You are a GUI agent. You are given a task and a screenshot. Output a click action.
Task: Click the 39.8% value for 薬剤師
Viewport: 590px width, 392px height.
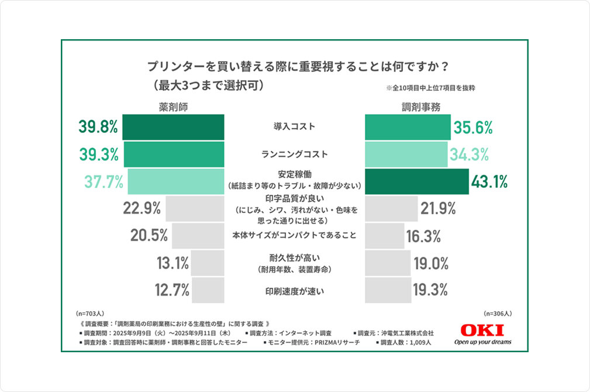point(98,127)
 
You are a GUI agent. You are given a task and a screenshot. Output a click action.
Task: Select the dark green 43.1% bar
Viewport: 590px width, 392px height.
point(417,182)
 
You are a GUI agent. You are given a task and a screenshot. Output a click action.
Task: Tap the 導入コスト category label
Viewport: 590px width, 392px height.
point(294,126)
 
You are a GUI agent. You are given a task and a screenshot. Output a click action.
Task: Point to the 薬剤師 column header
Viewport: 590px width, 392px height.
point(174,106)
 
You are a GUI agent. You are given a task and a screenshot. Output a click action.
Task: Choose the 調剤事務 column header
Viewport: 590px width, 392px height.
point(416,106)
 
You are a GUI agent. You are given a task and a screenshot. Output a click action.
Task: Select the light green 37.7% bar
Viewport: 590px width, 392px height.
point(175,182)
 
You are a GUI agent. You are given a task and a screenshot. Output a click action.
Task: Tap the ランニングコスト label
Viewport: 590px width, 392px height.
point(294,154)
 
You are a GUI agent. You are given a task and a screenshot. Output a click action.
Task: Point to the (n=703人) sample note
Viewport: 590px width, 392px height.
point(90,314)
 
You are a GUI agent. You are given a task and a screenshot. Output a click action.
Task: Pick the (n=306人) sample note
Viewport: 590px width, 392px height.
point(498,314)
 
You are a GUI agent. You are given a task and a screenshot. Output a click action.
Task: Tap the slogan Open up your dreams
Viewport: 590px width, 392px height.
point(482,342)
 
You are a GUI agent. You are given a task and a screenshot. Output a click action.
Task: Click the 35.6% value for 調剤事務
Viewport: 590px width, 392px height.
point(473,127)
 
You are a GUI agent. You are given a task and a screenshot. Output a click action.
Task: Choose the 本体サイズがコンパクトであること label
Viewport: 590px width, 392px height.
point(294,236)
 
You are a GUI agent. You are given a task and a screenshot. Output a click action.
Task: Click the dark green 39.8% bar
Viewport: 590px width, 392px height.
point(173,127)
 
